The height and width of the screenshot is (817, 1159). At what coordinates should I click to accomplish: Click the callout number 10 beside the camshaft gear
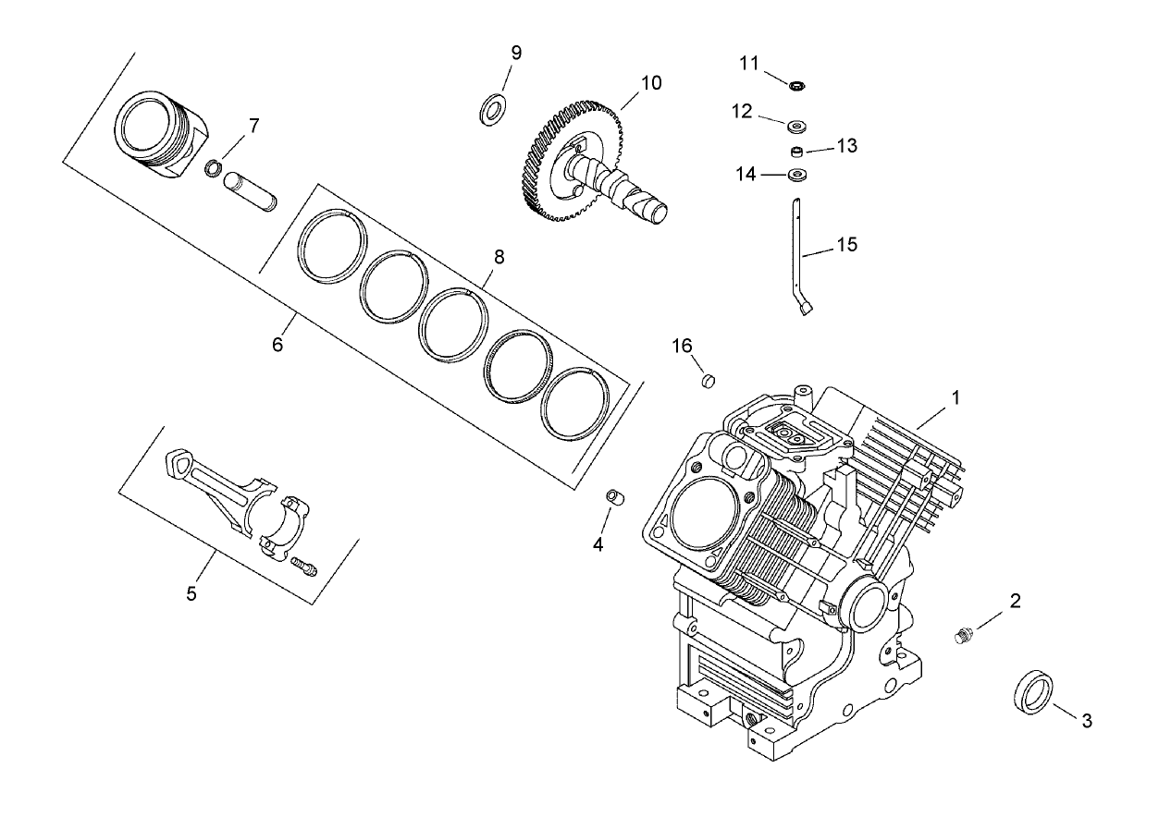point(650,82)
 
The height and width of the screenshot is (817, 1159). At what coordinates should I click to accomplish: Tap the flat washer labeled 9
point(492,108)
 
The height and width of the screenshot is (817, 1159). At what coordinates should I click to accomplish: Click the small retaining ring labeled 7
point(214,167)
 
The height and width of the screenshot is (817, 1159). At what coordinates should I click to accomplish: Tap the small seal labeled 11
point(796,86)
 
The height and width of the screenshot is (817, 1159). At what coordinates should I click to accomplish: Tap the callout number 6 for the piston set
point(277,345)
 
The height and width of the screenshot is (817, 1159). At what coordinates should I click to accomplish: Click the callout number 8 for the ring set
point(499,257)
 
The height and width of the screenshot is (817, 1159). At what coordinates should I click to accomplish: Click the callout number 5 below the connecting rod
point(191,593)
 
